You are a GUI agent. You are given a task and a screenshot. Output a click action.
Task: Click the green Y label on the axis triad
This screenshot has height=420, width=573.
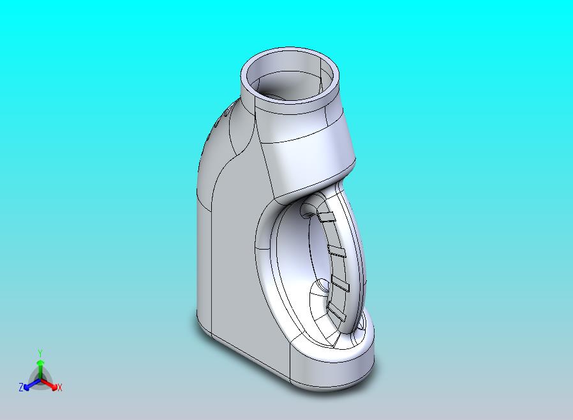pos(40,353)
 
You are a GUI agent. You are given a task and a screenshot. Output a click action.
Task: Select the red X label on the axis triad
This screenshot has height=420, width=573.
pos(60,387)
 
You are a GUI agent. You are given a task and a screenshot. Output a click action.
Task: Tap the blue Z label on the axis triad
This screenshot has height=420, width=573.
pos(21,387)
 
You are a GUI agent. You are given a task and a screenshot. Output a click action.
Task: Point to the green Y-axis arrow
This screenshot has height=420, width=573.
pos(40,370)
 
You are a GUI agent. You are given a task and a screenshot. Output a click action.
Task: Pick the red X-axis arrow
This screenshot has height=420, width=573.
pos(49,384)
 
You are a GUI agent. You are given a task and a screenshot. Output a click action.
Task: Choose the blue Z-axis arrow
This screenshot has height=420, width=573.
pos(32,384)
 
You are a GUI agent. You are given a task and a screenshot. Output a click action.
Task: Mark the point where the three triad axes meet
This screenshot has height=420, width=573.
pos(40,380)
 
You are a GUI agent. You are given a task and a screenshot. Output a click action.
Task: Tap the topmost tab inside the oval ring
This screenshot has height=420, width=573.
pos(326,217)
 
